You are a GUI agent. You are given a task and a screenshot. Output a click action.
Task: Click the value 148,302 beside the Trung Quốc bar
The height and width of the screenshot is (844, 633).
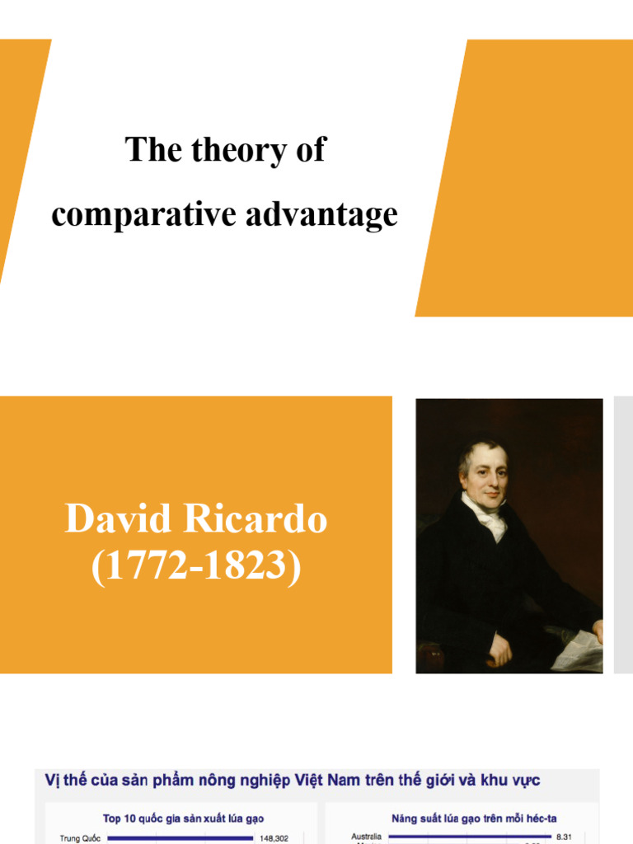pyautogui.click(x=274, y=838)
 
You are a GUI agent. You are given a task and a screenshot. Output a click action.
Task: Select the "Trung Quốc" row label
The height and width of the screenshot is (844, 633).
pyautogui.click(x=80, y=838)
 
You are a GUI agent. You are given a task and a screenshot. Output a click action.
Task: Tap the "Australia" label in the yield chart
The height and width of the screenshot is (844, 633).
pyautogui.click(x=366, y=837)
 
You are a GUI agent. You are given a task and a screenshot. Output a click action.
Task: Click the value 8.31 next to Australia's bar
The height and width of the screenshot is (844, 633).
pyautogui.click(x=564, y=837)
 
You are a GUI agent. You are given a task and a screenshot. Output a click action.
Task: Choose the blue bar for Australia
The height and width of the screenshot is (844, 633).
pyautogui.click(x=470, y=837)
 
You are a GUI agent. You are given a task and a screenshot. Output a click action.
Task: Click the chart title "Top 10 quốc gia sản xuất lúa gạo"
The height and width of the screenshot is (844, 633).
pyautogui.click(x=179, y=818)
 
